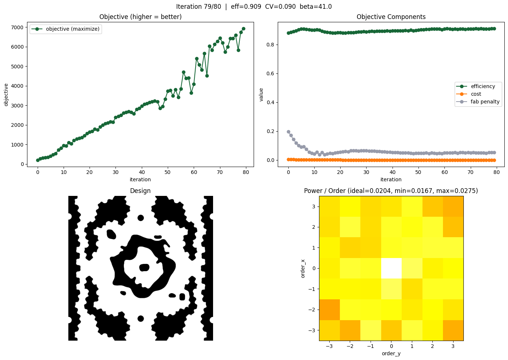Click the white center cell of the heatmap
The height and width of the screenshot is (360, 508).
(391, 268)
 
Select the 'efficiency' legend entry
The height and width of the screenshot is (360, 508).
(483, 87)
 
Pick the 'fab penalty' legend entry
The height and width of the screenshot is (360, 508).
(485, 102)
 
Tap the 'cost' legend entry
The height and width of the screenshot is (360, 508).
(476, 94)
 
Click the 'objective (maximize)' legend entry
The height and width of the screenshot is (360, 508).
(72, 29)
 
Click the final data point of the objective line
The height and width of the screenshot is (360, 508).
(243, 29)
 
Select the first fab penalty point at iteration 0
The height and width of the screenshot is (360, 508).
(288, 132)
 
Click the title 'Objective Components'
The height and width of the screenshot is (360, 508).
(391, 17)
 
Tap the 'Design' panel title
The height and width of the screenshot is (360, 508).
(140, 191)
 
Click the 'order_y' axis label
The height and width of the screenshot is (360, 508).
(391, 353)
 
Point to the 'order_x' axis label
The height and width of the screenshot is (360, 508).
(303, 268)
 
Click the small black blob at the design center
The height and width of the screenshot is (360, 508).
(144, 268)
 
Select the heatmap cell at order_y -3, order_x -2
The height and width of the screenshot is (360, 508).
(329, 310)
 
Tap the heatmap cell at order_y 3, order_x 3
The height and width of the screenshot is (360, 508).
(453, 206)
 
